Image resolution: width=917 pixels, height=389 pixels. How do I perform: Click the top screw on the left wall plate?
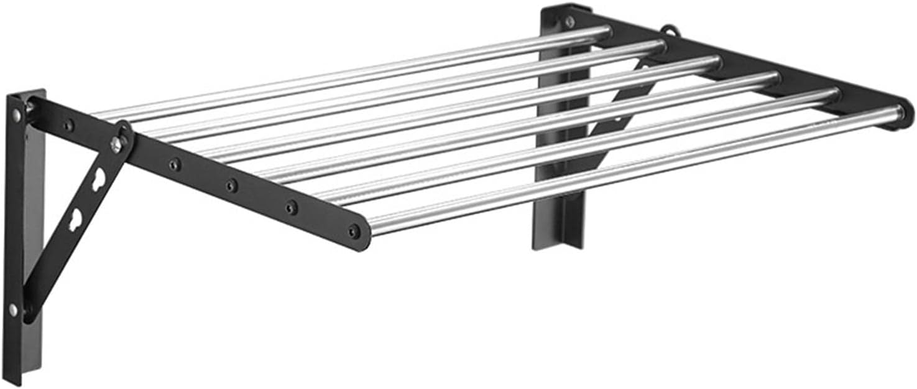16,115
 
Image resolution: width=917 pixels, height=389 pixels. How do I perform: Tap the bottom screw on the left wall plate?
13,309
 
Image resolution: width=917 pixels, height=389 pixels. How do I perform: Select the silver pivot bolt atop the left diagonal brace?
116,143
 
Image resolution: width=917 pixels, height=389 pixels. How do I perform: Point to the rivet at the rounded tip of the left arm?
354,232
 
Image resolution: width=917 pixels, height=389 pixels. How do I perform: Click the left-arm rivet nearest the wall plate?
68,126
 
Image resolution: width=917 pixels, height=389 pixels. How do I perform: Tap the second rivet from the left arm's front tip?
290,207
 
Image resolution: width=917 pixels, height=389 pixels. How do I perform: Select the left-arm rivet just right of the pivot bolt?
175,165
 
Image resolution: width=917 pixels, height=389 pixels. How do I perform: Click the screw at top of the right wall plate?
569,22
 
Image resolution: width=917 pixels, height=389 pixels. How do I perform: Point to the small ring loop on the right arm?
669,30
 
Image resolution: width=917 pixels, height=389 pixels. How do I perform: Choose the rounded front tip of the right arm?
905,115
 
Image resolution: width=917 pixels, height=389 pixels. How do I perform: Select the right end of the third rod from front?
772,80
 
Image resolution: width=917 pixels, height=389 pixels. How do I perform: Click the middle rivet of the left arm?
231,185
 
